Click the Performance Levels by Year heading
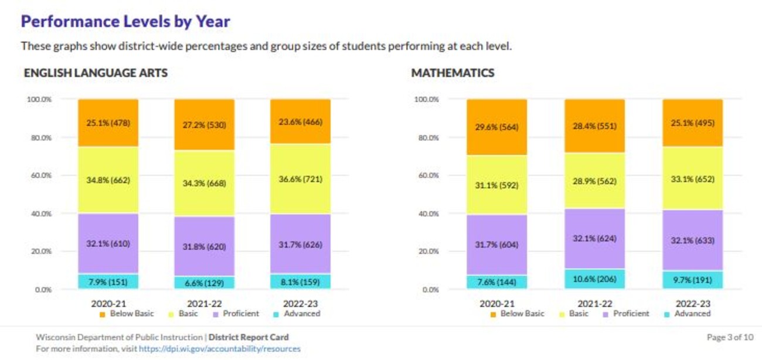tap(125, 22)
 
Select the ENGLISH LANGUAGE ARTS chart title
tap(96, 73)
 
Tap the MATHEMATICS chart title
tap(453, 73)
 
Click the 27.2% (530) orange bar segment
tap(204, 125)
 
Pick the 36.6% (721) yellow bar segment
tap(300, 179)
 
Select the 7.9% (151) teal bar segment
tap(108, 282)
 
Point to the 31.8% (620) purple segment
tap(204, 247)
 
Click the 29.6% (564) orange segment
tap(496, 127)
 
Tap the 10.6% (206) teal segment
tap(594, 279)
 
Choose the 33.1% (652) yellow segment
tap(692, 179)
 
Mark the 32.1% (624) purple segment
tap(594, 239)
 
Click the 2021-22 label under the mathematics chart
tap(594, 304)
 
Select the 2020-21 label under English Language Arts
tap(108, 304)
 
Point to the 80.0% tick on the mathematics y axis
tap(426, 137)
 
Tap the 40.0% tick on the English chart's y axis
tap(39, 213)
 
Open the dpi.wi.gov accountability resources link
tap(219, 348)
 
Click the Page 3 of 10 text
tap(730, 337)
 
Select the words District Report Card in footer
tap(249, 337)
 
